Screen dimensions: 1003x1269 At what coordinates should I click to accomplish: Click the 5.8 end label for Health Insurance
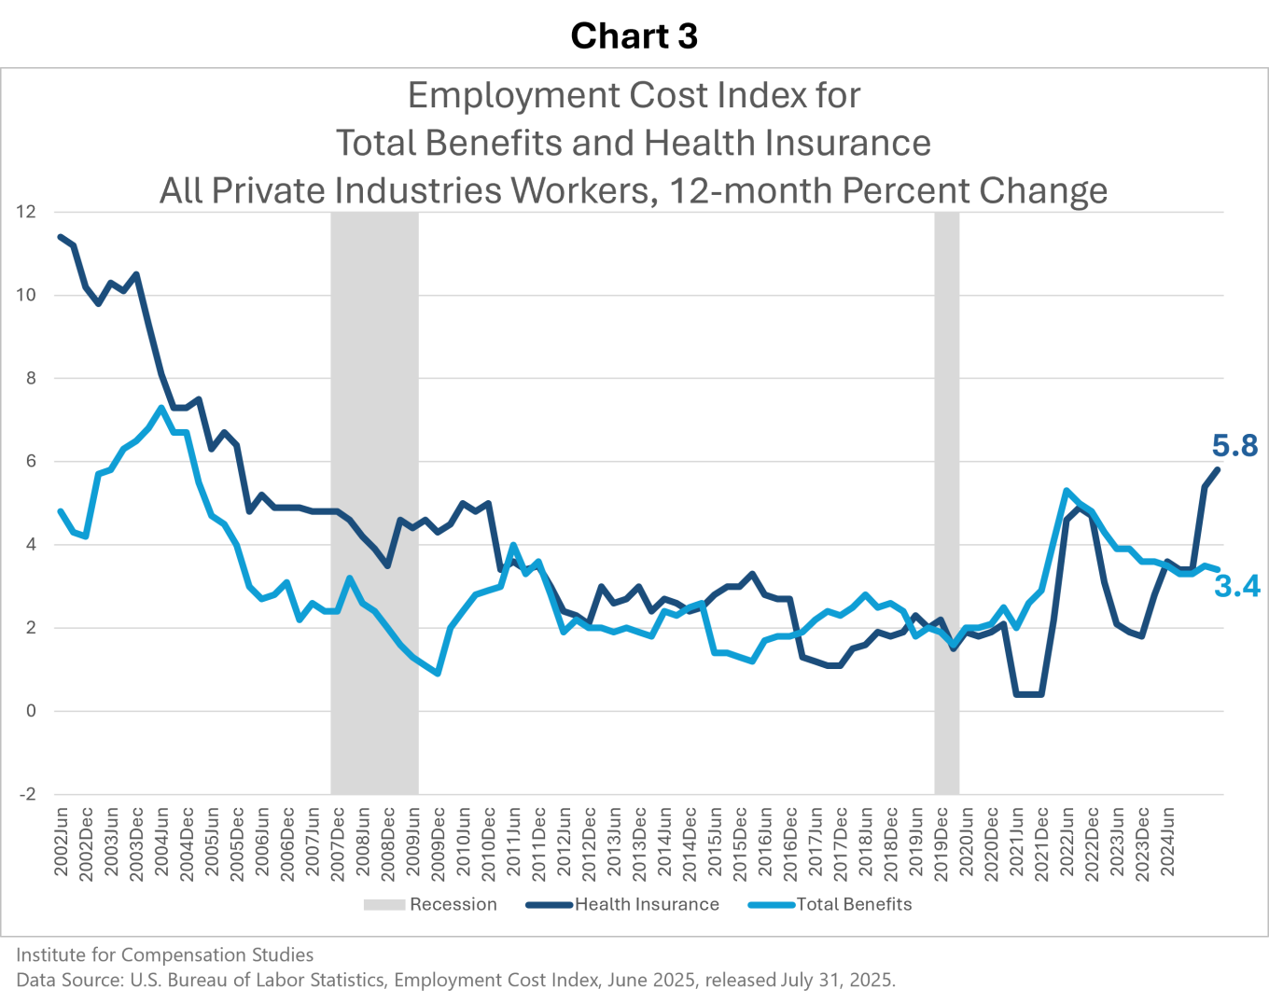[1234, 447]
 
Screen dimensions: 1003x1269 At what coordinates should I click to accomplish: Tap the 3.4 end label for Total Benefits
[1237, 586]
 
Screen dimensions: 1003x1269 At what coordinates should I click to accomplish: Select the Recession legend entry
[430, 904]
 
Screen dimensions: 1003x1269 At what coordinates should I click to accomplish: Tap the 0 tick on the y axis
[32, 711]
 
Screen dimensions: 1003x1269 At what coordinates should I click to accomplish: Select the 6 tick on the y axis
[32, 462]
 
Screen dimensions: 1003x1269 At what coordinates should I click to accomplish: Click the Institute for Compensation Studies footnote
[164, 954]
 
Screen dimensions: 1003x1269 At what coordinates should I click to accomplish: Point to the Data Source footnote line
[455, 980]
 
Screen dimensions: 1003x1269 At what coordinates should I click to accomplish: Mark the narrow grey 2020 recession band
[947, 504]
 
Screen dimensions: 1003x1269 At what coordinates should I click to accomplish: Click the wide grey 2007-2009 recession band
[374, 504]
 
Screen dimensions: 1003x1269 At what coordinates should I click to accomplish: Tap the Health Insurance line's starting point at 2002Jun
[62, 237]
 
